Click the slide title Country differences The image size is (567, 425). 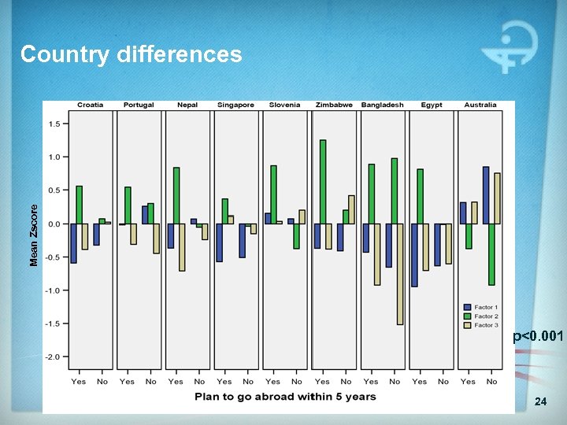tap(131, 54)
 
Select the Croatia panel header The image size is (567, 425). tap(90, 105)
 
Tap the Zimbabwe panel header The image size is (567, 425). tap(334, 105)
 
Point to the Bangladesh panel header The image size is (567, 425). tap(382, 105)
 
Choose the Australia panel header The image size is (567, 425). tap(480, 105)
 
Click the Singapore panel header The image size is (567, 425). tap(236, 105)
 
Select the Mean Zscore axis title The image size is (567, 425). tap(34, 235)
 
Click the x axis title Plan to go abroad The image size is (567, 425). tap(285, 397)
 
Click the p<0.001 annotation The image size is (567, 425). tap(539, 336)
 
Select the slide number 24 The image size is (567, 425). tap(540, 402)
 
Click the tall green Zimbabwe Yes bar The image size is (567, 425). tap(323, 182)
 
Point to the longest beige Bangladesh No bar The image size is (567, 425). tap(400, 274)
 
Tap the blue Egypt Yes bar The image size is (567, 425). tap(414, 255)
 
